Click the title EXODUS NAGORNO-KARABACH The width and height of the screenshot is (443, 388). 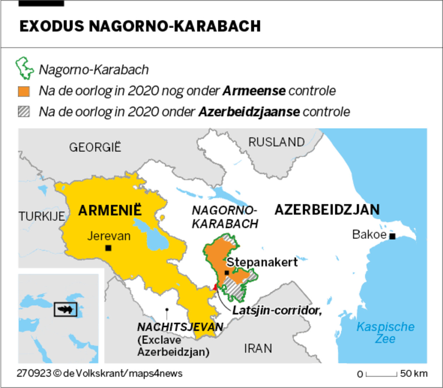pyautogui.click(x=140, y=26)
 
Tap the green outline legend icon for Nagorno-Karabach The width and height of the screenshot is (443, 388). pyautogui.click(x=24, y=68)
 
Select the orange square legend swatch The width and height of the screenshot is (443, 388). pyautogui.click(x=24, y=91)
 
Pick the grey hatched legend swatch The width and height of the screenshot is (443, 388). pyautogui.click(x=24, y=112)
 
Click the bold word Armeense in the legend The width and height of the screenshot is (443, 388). pyautogui.click(x=254, y=91)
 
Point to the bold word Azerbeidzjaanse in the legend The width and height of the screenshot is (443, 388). pyautogui.click(x=249, y=112)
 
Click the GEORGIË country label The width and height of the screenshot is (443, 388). pyautogui.click(x=95, y=147)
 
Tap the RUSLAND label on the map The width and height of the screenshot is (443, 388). pyautogui.click(x=276, y=142)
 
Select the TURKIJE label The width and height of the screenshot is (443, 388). pyautogui.click(x=41, y=216)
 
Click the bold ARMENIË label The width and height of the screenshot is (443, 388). pyautogui.click(x=110, y=210)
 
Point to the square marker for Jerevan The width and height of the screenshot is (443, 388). pyautogui.click(x=108, y=248)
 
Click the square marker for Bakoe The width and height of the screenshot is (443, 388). pyautogui.click(x=392, y=236)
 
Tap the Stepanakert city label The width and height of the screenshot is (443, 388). pyautogui.click(x=262, y=262)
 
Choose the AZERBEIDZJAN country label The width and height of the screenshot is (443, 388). pyautogui.click(x=327, y=210)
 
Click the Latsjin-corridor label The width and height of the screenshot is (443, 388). pyautogui.click(x=277, y=310)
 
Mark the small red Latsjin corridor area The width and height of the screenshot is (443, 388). pyautogui.click(x=215, y=287)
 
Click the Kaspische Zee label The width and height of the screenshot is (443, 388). pyautogui.click(x=385, y=333)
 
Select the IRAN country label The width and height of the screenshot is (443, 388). pyautogui.click(x=258, y=348)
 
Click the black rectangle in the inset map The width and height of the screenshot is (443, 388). pyautogui.click(x=65, y=309)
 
